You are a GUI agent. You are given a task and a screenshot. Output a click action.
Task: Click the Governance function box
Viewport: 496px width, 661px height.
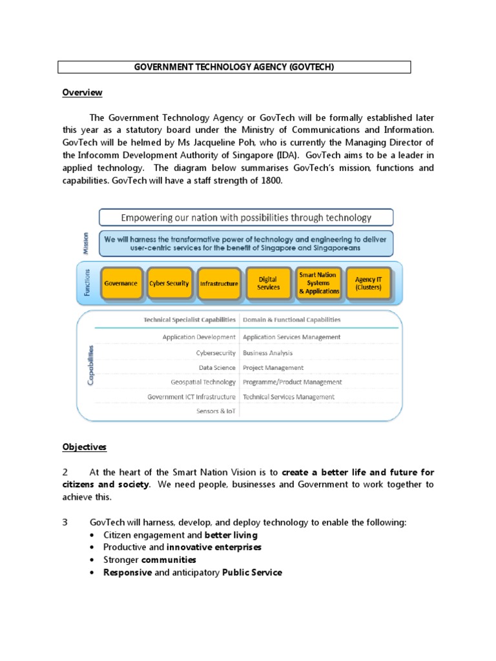[x=121, y=283]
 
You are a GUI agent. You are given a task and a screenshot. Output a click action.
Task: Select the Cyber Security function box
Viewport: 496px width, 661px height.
[x=169, y=283]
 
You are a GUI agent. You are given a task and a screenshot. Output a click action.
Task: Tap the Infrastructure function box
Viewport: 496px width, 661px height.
[x=219, y=283]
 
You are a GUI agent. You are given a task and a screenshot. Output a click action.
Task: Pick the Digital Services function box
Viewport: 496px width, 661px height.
[x=269, y=283]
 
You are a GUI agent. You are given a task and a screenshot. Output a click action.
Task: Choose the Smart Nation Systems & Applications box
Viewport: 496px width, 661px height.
[x=318, y=283]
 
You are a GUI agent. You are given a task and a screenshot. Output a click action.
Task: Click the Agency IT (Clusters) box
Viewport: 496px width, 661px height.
[x=368, y=283]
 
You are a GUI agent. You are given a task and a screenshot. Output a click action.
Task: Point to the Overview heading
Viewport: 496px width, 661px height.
[x=82, y=92]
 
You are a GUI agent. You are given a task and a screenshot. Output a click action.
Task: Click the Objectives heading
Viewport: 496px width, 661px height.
[x=85, y=447]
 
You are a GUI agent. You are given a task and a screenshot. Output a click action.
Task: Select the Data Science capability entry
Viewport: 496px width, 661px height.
[x=217, y=368]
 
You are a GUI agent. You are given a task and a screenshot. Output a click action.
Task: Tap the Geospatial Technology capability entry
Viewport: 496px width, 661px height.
[x=203, y=382]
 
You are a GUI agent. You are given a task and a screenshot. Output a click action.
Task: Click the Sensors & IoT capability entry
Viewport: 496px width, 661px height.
[x=216, y=411]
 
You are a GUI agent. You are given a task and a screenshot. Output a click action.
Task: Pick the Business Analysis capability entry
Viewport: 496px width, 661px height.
[x=267, y=353]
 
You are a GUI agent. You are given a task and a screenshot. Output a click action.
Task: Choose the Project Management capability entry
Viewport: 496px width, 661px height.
[x=273, y=368]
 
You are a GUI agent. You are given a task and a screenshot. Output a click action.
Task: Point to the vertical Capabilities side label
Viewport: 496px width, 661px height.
[x=90, y=365]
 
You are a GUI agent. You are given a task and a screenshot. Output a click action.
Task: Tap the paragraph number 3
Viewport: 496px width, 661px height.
[x=65, y=522]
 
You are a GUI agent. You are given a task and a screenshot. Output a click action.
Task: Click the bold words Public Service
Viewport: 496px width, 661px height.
[x=252, y=572]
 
